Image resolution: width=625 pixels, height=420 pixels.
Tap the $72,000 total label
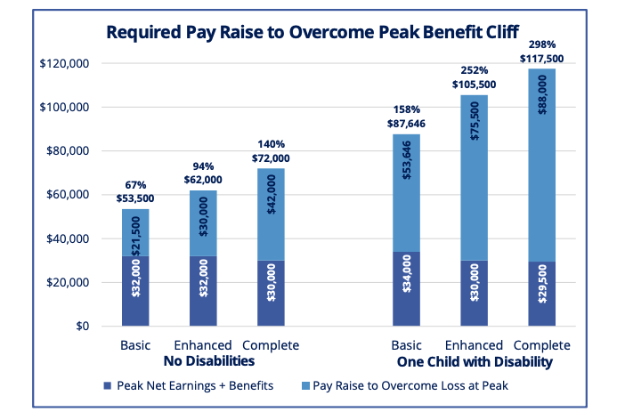272,157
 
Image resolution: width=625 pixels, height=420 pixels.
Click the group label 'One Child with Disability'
472,362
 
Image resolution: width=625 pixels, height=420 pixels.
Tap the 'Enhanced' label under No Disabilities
204,345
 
